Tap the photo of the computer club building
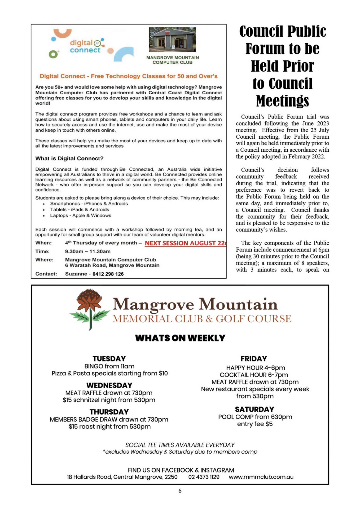coord(173,39)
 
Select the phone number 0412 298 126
coord(108,274)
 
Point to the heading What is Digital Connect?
coord(69,159)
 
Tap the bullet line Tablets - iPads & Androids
coord(80,209)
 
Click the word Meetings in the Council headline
coord(282,101)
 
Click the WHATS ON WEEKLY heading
coord(180,338)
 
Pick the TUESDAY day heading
coord(109,359)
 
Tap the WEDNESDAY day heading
coord(109,385)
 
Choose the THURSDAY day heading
coord(109,412)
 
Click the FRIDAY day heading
coord(254,359)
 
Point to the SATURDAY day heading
coord(254,409)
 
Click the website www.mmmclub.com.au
coord(261,477)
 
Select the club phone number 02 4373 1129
coord(204,477)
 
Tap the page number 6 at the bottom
coord(180,491)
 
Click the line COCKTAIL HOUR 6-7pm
coord(254,375)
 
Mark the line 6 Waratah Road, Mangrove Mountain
coord(112,265)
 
